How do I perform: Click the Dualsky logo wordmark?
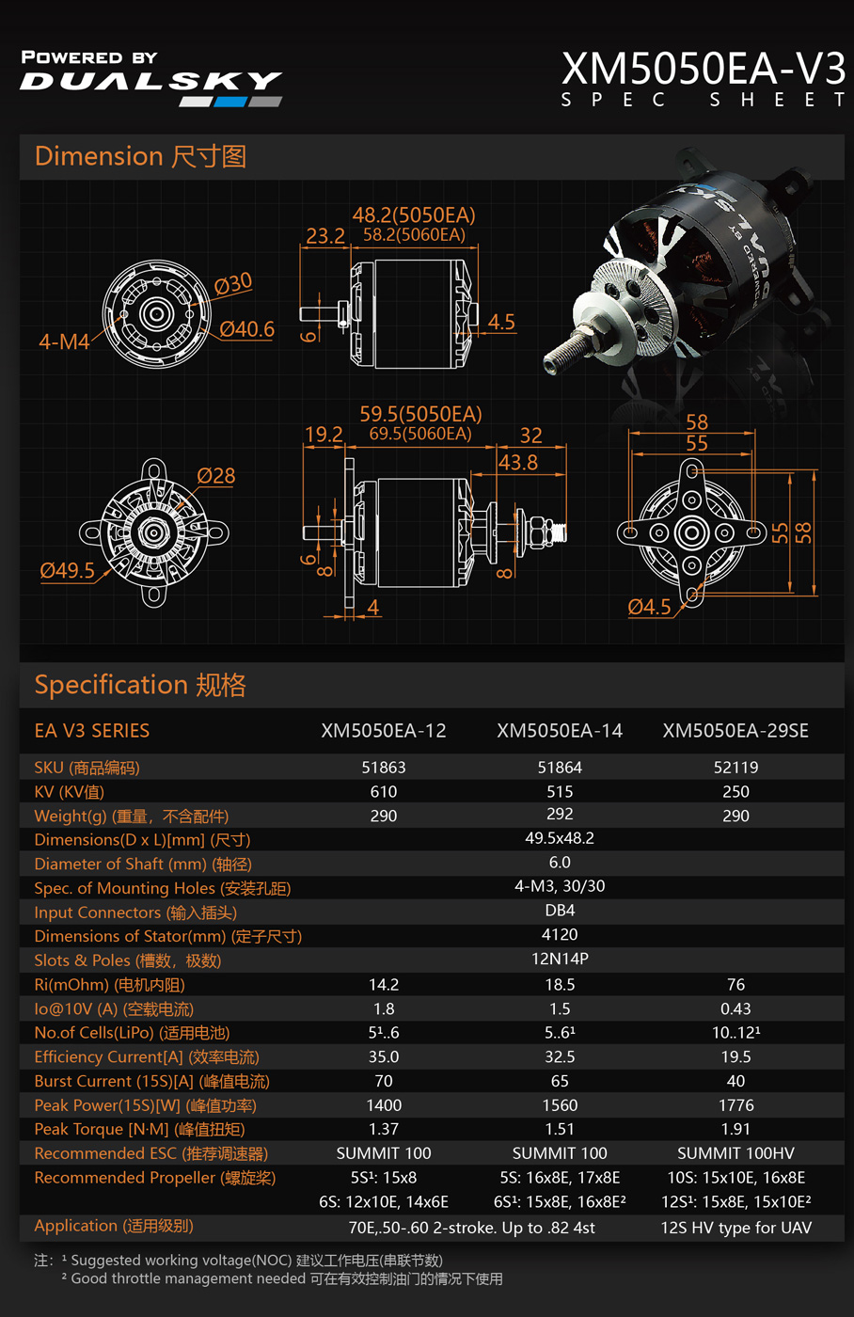pyautogui.click(x=151, y=81)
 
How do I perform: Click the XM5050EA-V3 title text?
pyautogui.click(x=703, y=69)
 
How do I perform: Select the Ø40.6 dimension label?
pyautogui.click(x=246, y=329)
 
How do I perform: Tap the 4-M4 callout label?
pyautogui.click(x=64, y=341)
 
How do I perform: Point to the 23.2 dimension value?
pyautogui.click(x=325, y=236)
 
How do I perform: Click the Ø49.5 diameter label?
pyautogui.click(x=67, y=570)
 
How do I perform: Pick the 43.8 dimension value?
pyautogui.click(x=518, y=463)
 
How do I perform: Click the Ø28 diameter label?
pyautogui.click(x=215, y=476)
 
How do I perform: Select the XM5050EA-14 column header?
pyautogui.click(x=560, y=731)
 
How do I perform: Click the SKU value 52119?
pyautogui.click(x=735, y=768)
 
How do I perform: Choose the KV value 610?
pyautogui.click(x=383, y=791)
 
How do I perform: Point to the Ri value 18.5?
pyautogui.click(x=560, y=985)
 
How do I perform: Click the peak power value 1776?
pyautogui.click(x=735, y=1105)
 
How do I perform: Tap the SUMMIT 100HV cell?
pyautogui.click(x=735, y=1153)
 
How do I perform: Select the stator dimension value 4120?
pyautogui.click(x=560, y=934)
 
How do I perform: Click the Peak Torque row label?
pyautogui.click(x=139, y=1130)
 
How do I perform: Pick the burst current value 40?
pyautogui.click(x=735, y=1081)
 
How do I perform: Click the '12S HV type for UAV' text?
pyautogui.click(x=735, y=1228)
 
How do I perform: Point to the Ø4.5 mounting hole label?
pyautogui.click(x=649, y=607)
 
